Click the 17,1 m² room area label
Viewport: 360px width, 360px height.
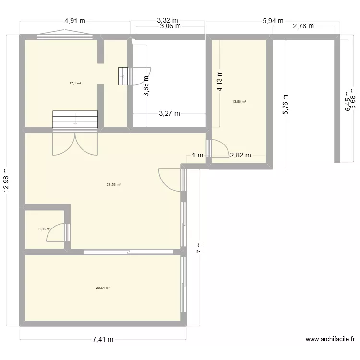pyautogui.click(x=75, y=83)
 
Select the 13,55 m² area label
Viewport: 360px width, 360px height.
pyautogui.click(x=239, y=102)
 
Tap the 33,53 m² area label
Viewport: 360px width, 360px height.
pyautogui.click(x=114, y=184)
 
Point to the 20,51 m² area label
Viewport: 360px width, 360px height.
pyautogui.click(x=103, y=288)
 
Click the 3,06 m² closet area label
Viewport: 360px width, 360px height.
pyautogui.click(x=45, y=229)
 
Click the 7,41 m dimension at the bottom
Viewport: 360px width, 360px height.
pyautogui.click(x=103, y=339)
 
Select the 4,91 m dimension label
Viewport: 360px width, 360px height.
pyautogui.click(x=75, y=21)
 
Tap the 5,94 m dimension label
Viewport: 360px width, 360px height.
pyautogui.click(x=273, y=21)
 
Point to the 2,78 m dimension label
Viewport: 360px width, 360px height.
pyautogui.click(x=303, y=26)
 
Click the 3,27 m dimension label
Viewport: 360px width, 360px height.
pyautogui.click(x=169, y=114)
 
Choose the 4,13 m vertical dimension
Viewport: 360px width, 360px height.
pyautogui.click(x=219, y=82)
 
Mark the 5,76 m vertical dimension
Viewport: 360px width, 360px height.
pyautogui.click(x=286, y=104)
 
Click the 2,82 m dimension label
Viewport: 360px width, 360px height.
pyautogui.click(x=241, y=155)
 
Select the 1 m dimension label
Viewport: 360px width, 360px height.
pyautogui.click(x=197, y=155)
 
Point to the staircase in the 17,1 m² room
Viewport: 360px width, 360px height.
pyautogui.click(x=75, y=120)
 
